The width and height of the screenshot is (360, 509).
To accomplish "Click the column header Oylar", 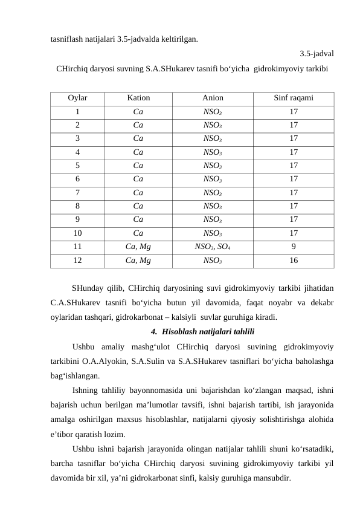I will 77,97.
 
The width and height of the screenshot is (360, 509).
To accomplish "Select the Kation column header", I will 138,97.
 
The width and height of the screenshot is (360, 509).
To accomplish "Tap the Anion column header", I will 212,97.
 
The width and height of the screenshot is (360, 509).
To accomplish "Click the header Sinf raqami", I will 293,97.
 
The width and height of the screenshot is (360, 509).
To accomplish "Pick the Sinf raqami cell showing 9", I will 293,247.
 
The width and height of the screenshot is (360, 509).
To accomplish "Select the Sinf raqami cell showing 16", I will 293,261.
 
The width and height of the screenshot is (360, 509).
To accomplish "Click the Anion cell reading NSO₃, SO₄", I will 212,247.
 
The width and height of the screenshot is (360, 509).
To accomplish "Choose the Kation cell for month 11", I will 138,247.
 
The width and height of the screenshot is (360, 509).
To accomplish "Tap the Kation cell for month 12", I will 138,261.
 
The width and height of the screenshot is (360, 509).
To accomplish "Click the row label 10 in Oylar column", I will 77,233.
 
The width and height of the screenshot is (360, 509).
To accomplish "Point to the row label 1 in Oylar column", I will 77,111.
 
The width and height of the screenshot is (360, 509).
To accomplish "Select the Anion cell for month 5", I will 212,166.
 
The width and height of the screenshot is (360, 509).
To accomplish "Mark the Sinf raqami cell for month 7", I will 293,193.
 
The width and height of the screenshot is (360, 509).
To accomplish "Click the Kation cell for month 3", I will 138,138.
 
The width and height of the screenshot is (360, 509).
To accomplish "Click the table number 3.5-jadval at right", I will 318,53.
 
